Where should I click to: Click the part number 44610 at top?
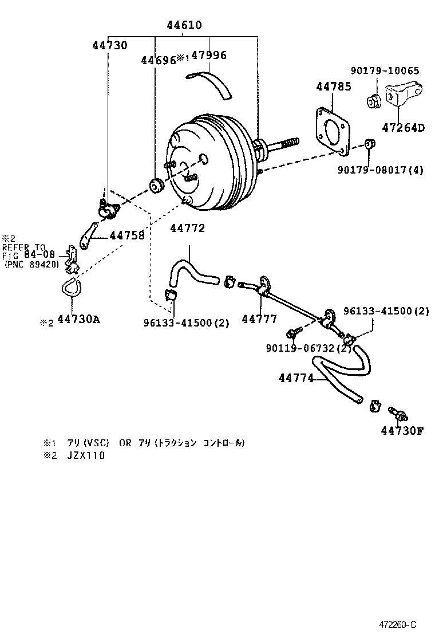(184, 26)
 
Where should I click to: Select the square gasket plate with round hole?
(331, 131)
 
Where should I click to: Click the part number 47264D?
(403, 128)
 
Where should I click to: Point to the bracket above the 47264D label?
(405, 97)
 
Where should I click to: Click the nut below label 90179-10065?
(374, 101)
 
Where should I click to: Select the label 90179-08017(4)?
(380, 170)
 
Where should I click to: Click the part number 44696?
(158, 60)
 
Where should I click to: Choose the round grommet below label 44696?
(156, 186)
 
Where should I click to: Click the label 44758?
(127, 235)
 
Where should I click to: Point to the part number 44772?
(187, 229)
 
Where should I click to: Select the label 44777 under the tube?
(259, 320)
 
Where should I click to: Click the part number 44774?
(296, 378)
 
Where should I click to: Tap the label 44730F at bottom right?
(402, 431)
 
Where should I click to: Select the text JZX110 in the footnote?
(86, 455)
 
